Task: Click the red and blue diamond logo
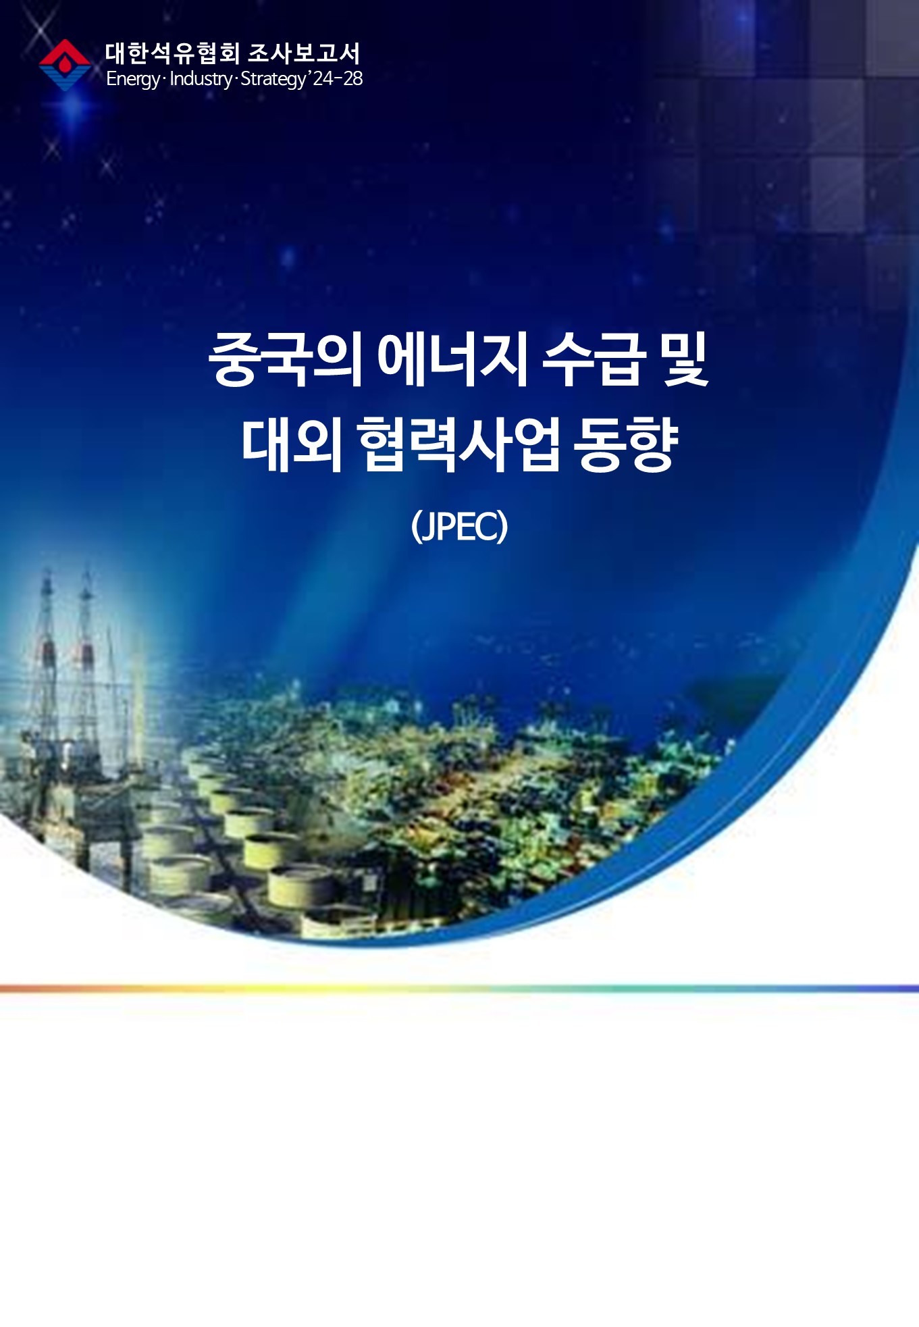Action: coord(65,65)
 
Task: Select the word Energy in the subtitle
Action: coord(133,80)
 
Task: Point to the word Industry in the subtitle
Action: coord(201,79)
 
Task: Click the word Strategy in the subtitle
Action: coord(273,80)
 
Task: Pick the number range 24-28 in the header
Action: coord(338,78)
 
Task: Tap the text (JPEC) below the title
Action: coord(459,527)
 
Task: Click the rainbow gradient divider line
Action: coord(459,989)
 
